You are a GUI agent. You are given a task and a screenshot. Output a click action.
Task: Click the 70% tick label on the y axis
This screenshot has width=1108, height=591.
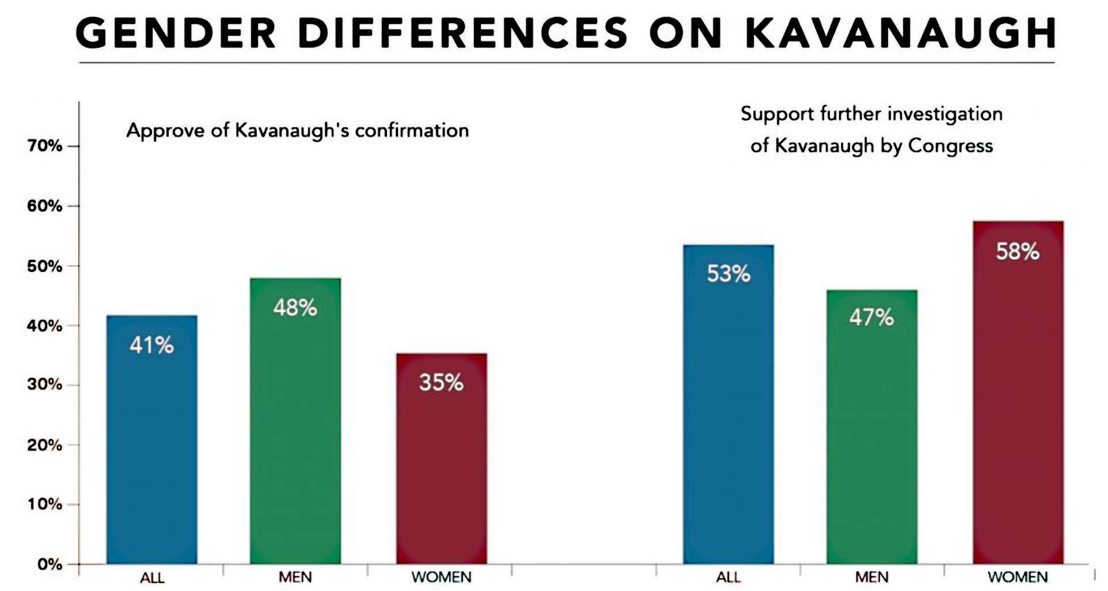coord(44,146)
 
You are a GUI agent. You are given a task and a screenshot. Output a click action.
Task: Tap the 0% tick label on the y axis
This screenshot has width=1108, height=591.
coord(50,564)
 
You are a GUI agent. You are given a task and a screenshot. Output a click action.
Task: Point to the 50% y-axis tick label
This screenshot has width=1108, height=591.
coord(44,266)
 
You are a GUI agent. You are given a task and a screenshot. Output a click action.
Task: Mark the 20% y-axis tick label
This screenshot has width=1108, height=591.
coord(44,445)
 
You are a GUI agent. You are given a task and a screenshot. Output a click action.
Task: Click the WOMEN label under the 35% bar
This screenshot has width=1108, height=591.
coord(442,577)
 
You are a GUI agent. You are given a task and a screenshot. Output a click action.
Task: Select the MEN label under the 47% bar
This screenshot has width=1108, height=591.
coord(872,577)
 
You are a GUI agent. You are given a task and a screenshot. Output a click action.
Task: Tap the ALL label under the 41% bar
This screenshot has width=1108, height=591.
coord(152,577)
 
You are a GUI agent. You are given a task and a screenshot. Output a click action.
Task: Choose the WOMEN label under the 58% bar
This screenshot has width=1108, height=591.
coord(1018,577)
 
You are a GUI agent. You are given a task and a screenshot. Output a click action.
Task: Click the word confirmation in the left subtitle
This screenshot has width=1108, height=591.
coord(412,131)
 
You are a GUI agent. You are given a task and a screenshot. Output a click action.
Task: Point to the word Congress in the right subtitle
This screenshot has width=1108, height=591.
coord(950,146)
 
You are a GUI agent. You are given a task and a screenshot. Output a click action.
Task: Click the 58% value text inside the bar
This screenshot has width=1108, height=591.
coord(1018,252)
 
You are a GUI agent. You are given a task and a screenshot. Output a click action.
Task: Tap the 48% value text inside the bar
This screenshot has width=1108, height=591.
coord(295,308)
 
